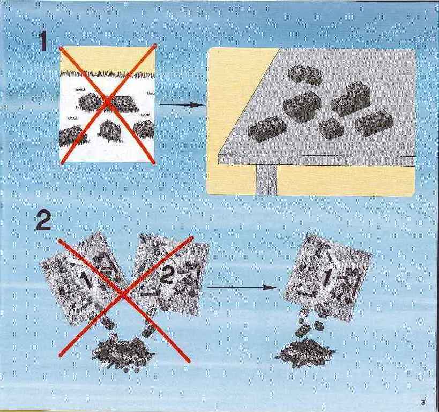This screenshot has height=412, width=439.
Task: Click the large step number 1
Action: point(43,41)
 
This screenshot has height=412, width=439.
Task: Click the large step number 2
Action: point(43,221)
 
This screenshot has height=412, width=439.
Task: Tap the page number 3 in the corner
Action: point(423,402)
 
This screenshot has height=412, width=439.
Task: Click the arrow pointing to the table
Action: point(180,105)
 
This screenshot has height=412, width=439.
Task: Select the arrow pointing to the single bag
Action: point(242,287)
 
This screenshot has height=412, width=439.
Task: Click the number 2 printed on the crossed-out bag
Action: point(167,274)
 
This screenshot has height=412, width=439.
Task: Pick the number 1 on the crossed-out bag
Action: point(85,280)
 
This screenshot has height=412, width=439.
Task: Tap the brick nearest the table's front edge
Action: point(267,128)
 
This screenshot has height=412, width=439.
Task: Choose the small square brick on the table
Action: point(331,129)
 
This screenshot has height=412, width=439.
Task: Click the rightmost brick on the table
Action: point(374,123)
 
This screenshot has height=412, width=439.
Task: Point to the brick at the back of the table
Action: point(305,74)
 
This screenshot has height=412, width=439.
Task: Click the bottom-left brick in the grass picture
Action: point(70,136)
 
